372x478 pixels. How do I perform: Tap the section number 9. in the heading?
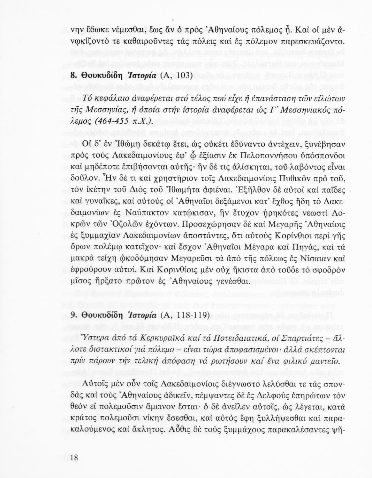coord(74,315)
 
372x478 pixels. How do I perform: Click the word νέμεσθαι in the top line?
coord(123,30)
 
